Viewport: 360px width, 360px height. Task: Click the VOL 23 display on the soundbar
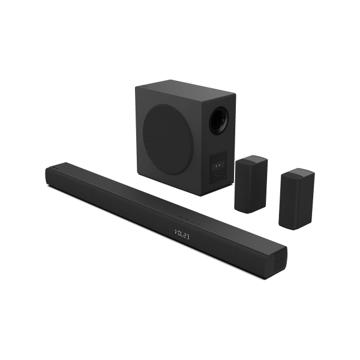point(182,235)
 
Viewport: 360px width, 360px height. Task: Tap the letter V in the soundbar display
point(176,232)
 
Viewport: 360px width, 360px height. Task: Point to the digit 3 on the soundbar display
point(188,237)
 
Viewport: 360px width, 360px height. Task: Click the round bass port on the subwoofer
point(219,122)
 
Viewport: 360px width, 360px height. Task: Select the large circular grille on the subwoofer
point(167,139)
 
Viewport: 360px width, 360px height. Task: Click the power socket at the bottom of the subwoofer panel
point(218,175)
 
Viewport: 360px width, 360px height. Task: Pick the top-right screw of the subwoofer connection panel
point(226,152)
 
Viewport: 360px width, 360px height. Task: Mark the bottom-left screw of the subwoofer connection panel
point(211,182)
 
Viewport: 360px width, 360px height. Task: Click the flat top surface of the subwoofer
point(185,88)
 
